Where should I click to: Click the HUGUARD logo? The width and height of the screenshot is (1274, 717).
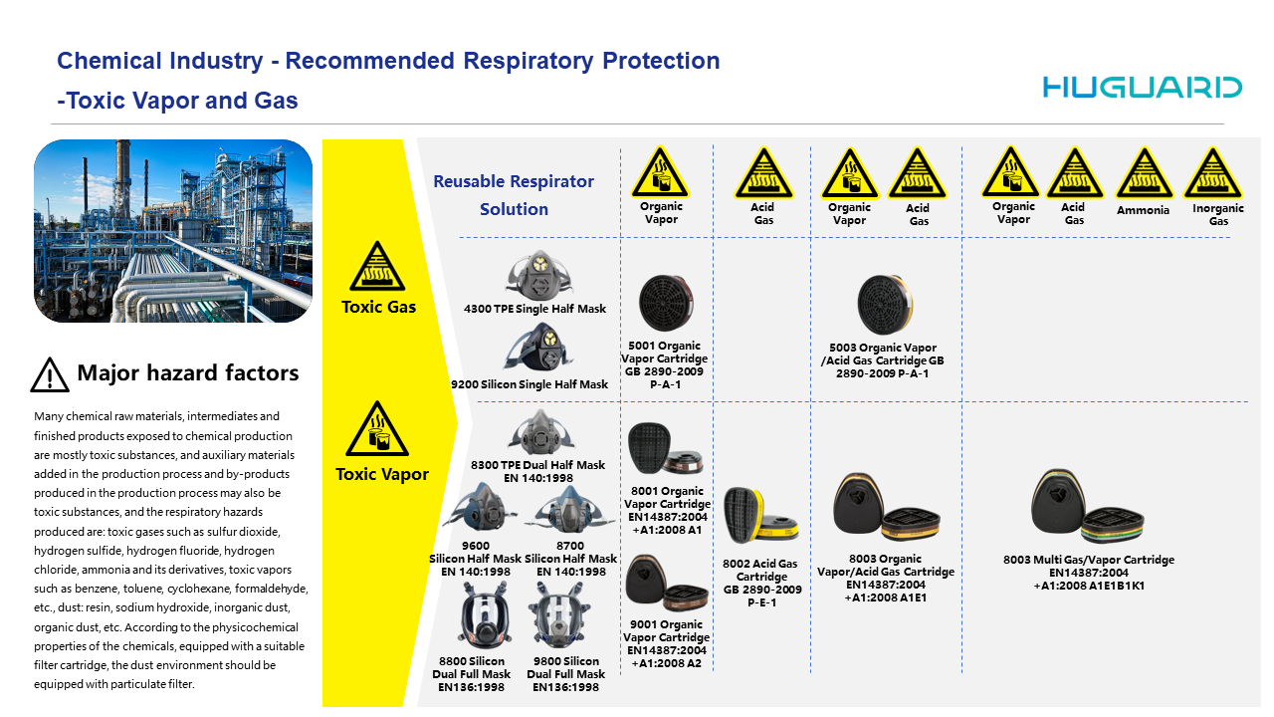pos(1142,88)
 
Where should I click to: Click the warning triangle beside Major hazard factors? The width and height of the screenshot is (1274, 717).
pos(50,375)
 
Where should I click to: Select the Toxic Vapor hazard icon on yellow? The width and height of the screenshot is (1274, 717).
pos(376,428)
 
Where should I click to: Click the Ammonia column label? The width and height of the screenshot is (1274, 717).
pos(1143,210)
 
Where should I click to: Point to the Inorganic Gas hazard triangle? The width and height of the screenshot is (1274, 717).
pos(1212,173)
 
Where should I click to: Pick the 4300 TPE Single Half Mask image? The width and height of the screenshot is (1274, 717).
pos(538,276)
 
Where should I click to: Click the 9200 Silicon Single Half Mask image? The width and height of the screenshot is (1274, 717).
pos(538,348)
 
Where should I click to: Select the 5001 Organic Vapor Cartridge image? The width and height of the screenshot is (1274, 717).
pos(666,303)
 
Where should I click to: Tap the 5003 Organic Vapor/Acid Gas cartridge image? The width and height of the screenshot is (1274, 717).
pos(885,305)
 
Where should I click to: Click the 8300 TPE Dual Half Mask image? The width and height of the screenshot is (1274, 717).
pos(540,432)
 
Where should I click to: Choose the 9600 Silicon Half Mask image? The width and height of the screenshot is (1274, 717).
pos(480,508)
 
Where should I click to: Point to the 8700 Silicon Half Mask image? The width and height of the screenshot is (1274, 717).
pos(569,509)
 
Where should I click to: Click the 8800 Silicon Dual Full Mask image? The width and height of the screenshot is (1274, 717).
pos(484,616)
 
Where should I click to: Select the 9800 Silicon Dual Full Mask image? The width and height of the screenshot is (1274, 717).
pos(559,615)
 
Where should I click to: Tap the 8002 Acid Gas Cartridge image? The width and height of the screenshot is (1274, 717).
pos(760,516)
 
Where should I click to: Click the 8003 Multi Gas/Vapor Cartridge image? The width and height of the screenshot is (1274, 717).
pos(1087,507)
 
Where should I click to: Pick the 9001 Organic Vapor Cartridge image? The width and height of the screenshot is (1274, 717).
pos(666,583)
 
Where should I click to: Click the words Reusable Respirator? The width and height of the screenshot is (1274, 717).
pos(514,181)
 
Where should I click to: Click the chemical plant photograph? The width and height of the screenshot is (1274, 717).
pos(173,231)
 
